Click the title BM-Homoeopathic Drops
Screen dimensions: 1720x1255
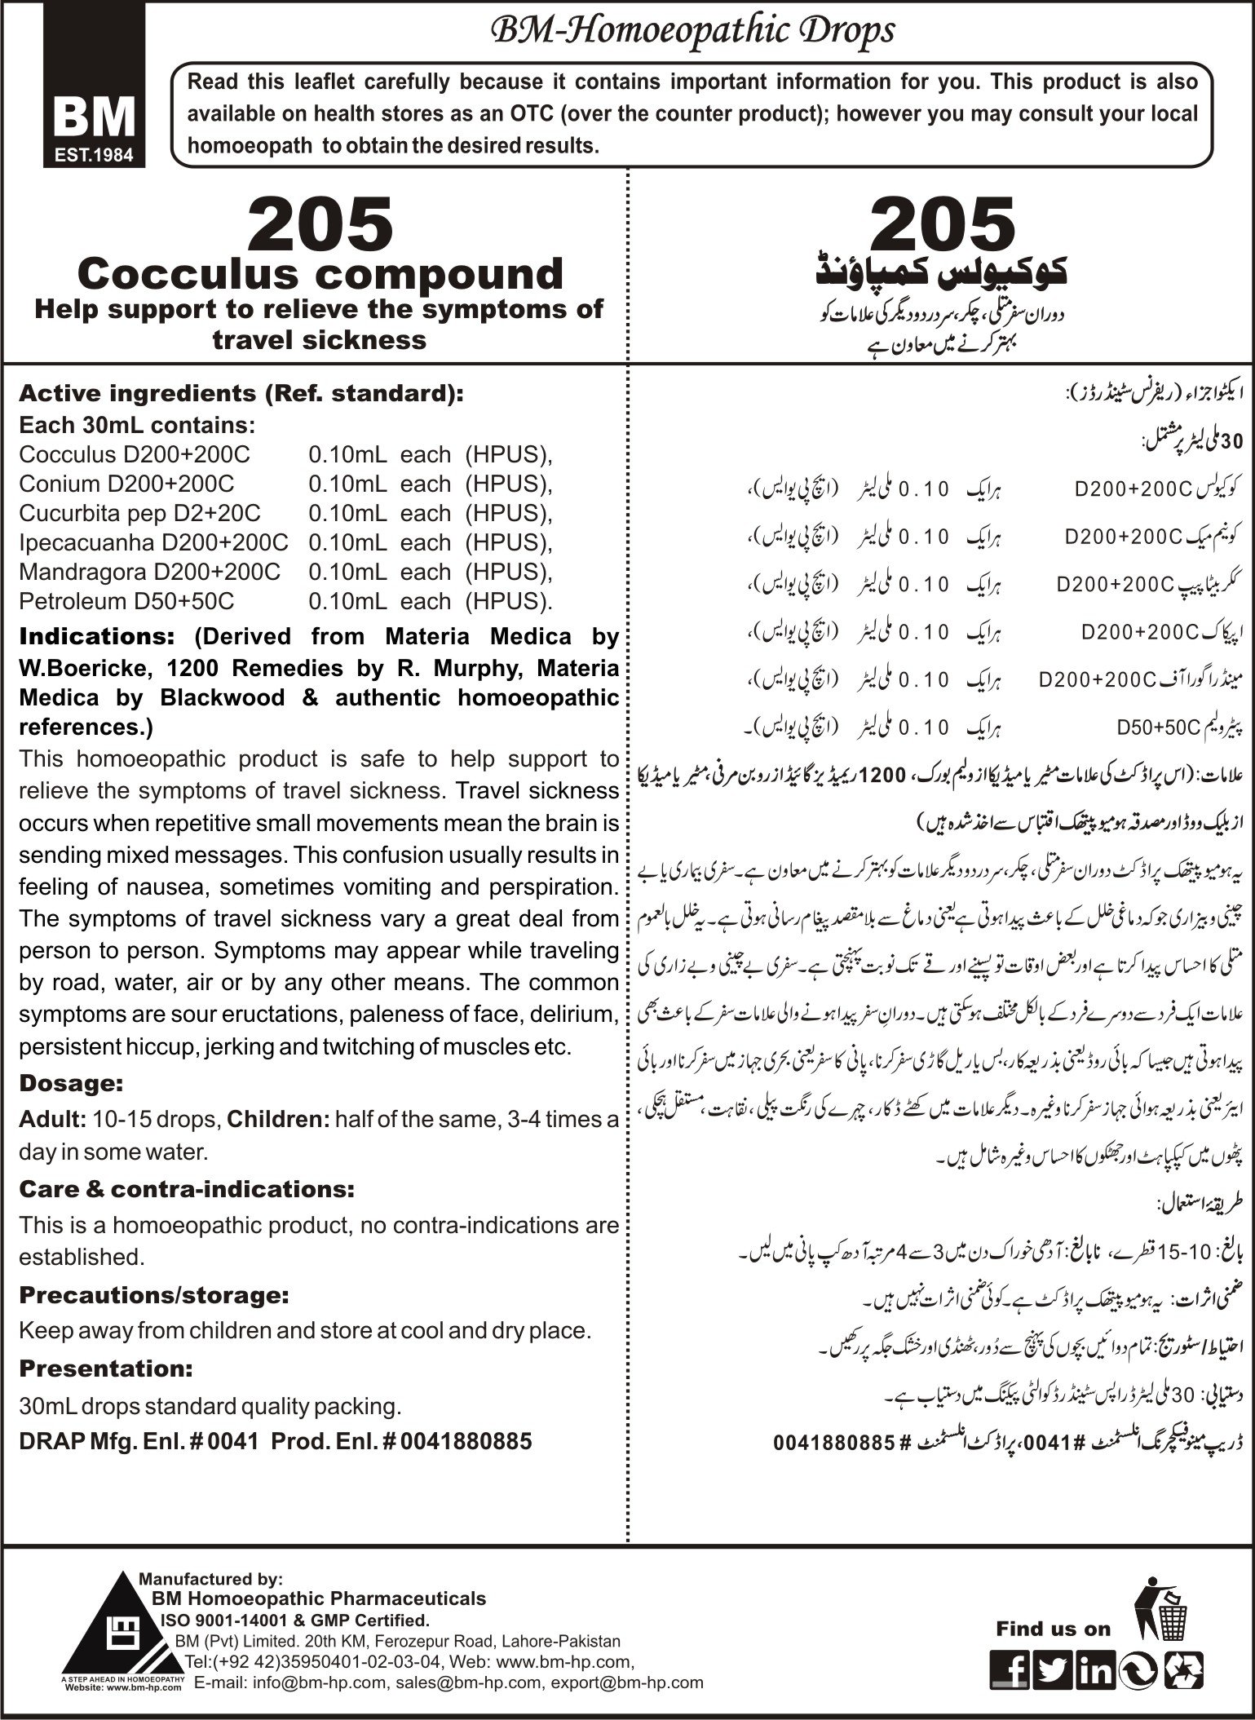click(691, 31)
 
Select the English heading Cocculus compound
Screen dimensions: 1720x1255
click(324, 274)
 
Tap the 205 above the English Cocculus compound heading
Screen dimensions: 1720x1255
click(320, 224)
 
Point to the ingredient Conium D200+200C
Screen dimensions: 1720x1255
click(126, 484)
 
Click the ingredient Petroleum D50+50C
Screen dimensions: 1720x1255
click(126, 601)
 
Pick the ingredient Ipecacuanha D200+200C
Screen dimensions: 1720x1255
click(153, 542)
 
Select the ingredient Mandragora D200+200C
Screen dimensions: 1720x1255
click(149, 572)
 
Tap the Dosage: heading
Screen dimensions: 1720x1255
click(71, 1084)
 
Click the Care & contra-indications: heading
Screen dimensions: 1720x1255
click(187, 1190)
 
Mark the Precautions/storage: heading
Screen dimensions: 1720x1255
click(154, 1294)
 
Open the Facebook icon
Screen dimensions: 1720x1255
click(1009, 1667)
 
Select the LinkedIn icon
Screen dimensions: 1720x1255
click(1094, 1667)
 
